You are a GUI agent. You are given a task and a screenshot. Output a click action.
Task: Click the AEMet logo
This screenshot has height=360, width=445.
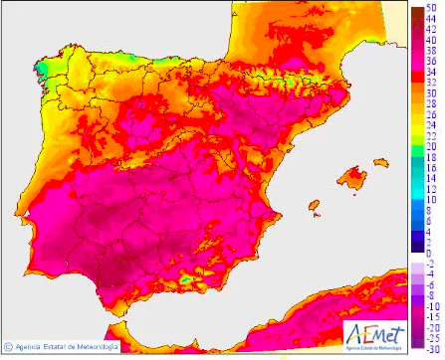click(x=371, y=334)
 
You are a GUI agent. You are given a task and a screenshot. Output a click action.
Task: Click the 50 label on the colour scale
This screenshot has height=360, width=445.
click(x=430, y=7)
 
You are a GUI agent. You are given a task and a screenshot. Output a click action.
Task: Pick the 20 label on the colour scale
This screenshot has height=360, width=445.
click(x=430, y=146)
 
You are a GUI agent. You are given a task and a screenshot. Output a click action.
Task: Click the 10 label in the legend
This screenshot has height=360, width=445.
click(x=430, y=199)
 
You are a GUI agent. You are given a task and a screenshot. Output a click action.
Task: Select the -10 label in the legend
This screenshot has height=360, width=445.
click(x=431, y=305)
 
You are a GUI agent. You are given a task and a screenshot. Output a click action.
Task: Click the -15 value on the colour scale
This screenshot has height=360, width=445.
click(x=431, y=316)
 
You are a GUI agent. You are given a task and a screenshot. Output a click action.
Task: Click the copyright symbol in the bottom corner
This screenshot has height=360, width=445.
click(x=8, y=347)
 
